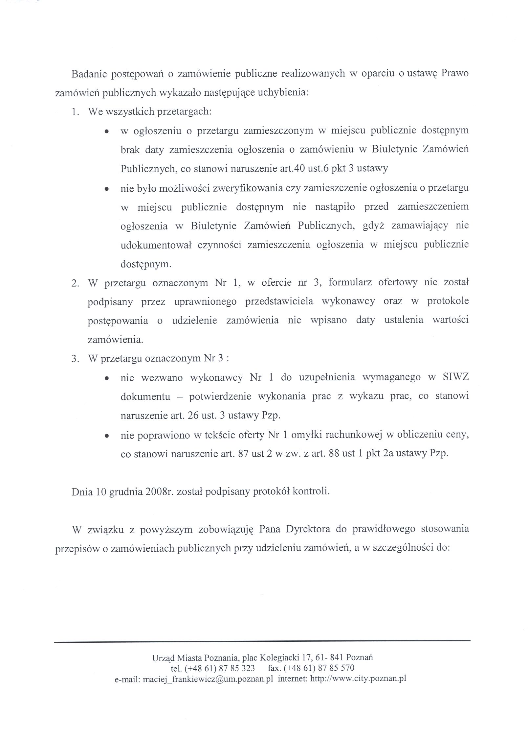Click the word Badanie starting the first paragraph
pos(88,73)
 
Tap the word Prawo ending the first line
pos(455,73)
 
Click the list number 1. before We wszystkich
pos(75,112)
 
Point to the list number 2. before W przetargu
pos(75,283)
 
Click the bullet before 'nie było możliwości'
pos(106,189)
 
